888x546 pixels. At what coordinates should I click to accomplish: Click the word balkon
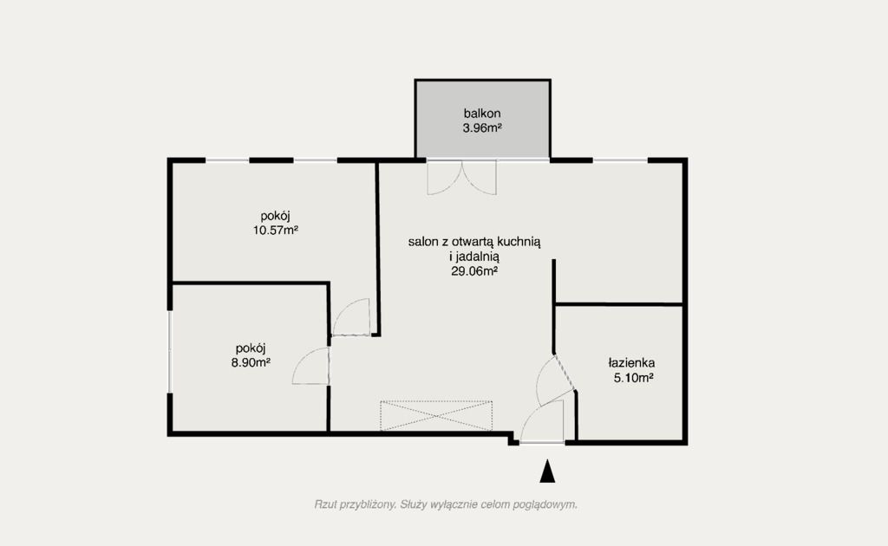(x=482, y=114)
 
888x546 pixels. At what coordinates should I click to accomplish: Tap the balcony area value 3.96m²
(x=482, y=128)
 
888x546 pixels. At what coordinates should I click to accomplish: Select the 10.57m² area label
(x=275, y=231)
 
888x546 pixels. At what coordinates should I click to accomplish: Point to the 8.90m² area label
(x=251, y=362)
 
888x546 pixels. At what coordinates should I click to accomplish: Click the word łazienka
(x=632, y=362)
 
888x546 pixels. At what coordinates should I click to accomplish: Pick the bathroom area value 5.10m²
(x=634, y=377)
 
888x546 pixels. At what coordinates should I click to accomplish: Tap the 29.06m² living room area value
(x=474, y=271)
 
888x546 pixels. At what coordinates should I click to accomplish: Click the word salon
(x=422, y=242)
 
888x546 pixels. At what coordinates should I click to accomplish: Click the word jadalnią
(x=478, y=257)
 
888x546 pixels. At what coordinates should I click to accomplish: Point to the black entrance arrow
(x=547, y=471)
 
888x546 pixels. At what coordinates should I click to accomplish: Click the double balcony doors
(x=461, y=178)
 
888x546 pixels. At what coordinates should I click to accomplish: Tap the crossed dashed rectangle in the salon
(x=436, y=416)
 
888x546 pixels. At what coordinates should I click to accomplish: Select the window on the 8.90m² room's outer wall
(x=169, y=351)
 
